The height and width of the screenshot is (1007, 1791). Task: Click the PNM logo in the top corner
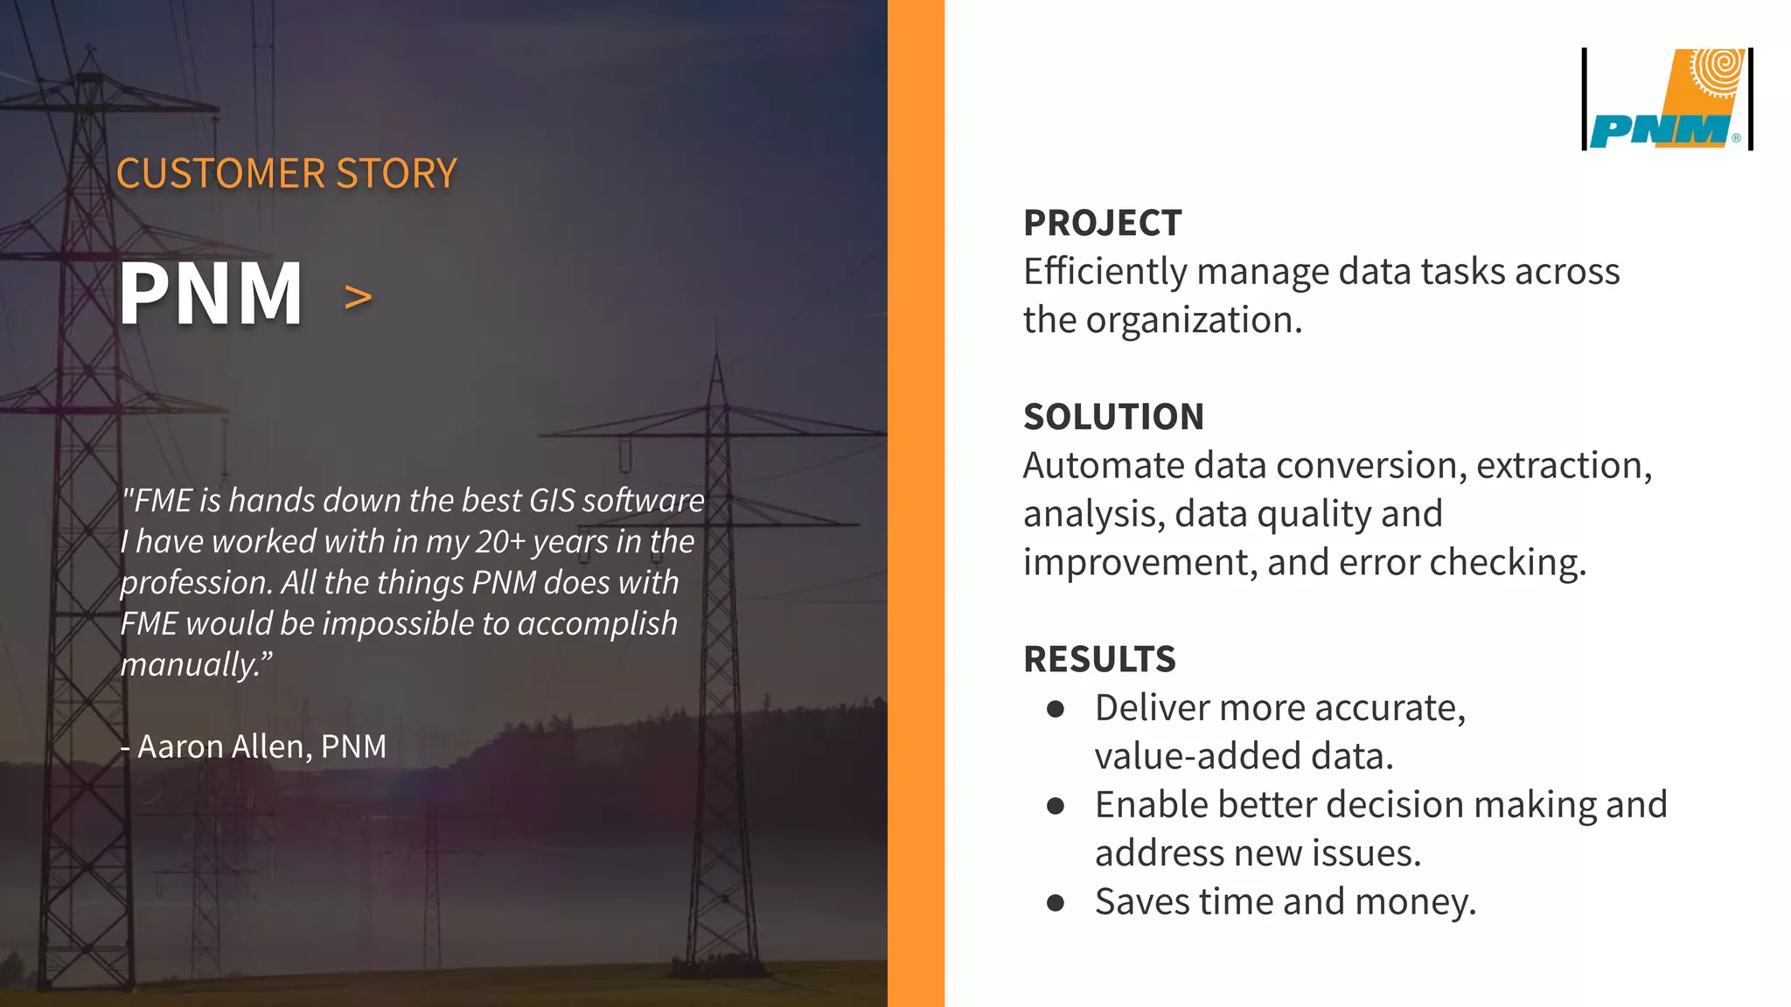(1668, 100)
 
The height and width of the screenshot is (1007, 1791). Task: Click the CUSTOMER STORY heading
(286, 173)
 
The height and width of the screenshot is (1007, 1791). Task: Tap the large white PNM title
(211, 295)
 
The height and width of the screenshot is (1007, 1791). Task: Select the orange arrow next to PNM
(358, 298)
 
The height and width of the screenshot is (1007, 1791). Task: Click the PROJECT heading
(1102, 223)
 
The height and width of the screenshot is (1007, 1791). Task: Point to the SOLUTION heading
(1113, 417)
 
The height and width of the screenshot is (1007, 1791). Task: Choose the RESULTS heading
(1099, 659)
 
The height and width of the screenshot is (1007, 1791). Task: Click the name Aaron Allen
(220, 747)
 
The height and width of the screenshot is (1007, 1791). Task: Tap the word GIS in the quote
(552, 501)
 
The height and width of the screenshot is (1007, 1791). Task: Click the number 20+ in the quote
(500, 542)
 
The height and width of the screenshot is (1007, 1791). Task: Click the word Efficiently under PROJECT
(1105, 272)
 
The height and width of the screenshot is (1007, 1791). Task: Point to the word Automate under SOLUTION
(1104, 466)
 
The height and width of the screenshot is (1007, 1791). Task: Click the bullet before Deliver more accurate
(1056, 709)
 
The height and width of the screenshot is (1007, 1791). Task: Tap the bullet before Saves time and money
(1056, 903)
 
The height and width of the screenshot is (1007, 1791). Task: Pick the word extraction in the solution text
(1563, 466)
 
